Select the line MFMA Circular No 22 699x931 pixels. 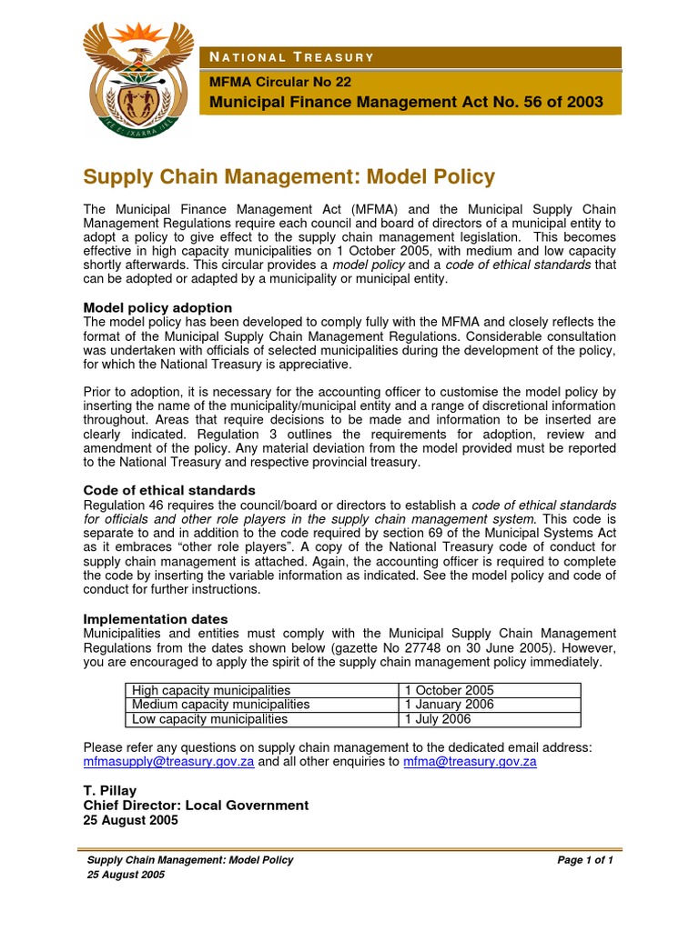pyautogui.click(x=280, y=81)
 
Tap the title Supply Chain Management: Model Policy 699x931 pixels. pyautogui.click(x=289, y=176)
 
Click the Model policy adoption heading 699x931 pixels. pyautogui.click(x=157, y=307)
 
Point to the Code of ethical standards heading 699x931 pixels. pyautogui.click(x=169, y=490)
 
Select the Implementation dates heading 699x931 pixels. pyautogui.click(x=156, y=619)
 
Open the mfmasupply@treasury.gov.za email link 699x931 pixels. pyautogui.click(x=168, y=762)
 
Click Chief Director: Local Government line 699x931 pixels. pyautogui.click(x=196, y=806)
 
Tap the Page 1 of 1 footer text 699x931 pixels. pyautogui.click(x=585, y=860)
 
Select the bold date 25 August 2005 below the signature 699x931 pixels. pyautogui.click(x=131, y=819)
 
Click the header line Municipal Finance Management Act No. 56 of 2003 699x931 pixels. pyautogui.click(x=406, y=102)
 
